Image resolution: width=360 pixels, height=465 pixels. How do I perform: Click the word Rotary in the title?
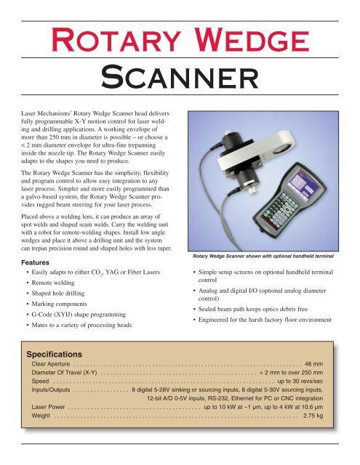tap(118, 34)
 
